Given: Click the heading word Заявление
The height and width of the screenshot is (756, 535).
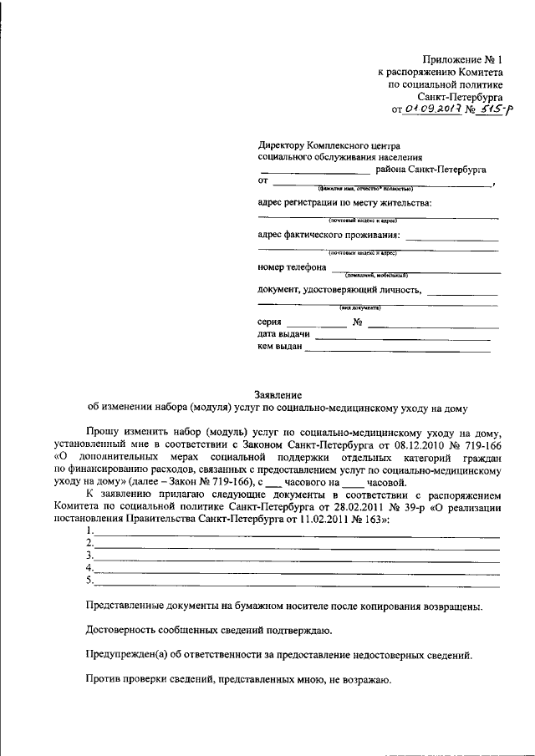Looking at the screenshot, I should pyautogui.click(x=278, y=394).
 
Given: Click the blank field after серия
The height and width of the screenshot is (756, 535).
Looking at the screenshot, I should pyautogui.click(x=315, y=324).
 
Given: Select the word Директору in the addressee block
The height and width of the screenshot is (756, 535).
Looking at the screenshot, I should pyautogui.click(x=283, y=145).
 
